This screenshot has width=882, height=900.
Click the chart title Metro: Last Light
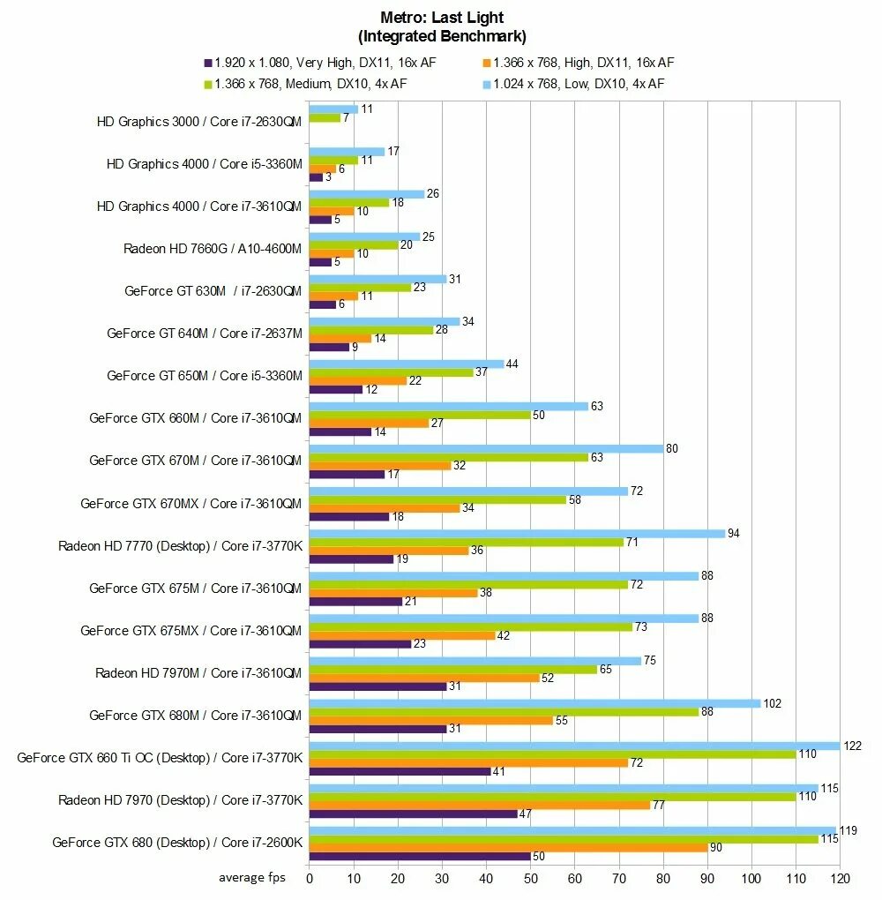pyautogui.click(x=442, y=17)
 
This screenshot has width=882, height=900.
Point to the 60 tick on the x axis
pyautogui.click(x=575, y=879)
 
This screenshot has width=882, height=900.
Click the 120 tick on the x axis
pyautogui.click(x=840, y=879)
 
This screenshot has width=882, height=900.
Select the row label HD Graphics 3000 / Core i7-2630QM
pyautogui.click(x=199, y=122)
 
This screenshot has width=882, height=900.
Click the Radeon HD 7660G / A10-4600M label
pyautogui.click(x=213, y=249)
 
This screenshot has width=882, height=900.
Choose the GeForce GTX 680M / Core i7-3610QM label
pyautogui.click(x=196, y=716)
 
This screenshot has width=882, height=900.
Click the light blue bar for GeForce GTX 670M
pyautogui.click(x=486, y=448)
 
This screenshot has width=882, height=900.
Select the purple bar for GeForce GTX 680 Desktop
pyautogui.click(x=420, y=856)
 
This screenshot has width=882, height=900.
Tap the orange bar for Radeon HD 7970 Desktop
pyautogui.click(x=480, y=805)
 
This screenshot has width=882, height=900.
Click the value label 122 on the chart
pyautogui.click(x=853, y=746)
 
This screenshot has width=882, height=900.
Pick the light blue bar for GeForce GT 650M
pyautogui.click(x=407, y=364)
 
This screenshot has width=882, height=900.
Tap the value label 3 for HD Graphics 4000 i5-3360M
pyautogui.click(x=328, y=177)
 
